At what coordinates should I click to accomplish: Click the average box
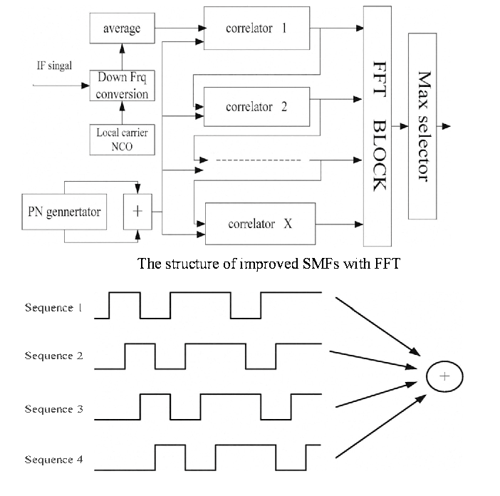pos(121,29)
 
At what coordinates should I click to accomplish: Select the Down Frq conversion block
pos(121,87)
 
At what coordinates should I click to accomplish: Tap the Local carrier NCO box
pos(121,139)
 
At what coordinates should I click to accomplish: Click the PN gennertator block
pos(64,212)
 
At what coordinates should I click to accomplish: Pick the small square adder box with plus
pos(137,212)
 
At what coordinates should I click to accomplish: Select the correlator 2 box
pos(256,108)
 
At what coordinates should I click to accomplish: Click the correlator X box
pos(259,224)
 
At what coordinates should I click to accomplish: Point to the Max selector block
pos(423,126)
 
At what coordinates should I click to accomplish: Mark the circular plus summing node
pos(444,377)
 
